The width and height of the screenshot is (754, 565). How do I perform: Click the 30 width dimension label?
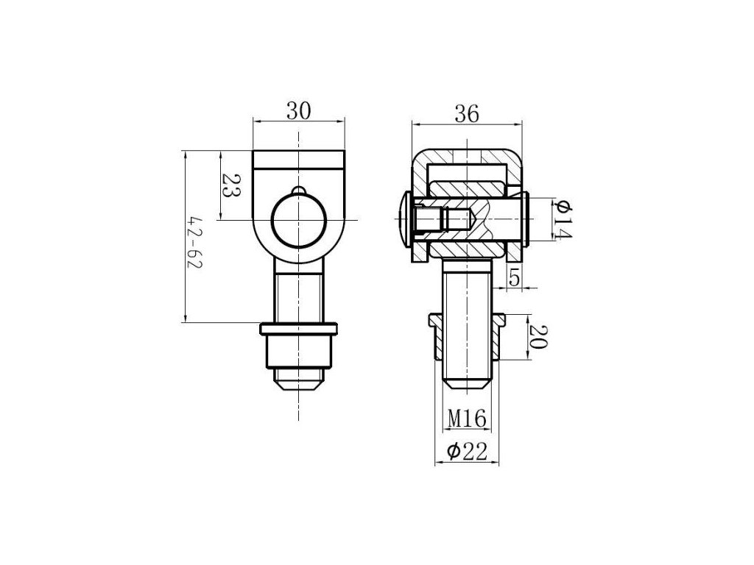299,111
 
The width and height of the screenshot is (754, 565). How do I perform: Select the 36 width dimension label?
467,114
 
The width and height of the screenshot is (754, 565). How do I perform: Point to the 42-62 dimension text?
195,243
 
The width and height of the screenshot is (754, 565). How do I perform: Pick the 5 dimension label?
514,277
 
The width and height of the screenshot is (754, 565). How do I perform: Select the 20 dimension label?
538,337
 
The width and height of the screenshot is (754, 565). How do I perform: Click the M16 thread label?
467,419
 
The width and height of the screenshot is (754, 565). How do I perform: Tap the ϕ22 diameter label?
466,452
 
